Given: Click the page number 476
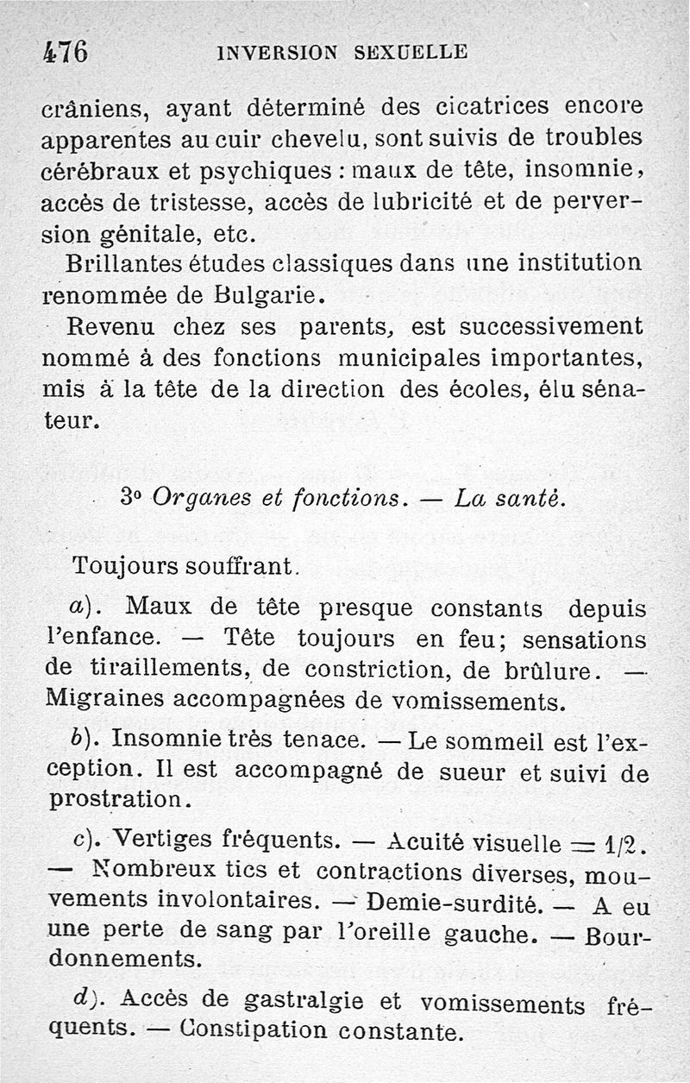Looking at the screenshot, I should click(65, 51).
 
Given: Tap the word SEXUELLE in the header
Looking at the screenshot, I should click(411, 52).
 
